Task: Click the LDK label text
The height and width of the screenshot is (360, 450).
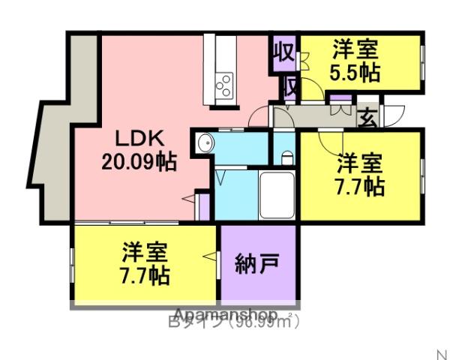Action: [139, 139]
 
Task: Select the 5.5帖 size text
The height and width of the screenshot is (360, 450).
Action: [355, 73]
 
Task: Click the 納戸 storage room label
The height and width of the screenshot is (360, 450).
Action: [257, 264]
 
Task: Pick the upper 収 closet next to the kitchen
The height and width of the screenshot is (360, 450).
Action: [282, 54]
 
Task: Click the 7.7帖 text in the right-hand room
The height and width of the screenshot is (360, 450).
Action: [360, 185]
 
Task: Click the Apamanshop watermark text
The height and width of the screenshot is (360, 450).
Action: [226, 314]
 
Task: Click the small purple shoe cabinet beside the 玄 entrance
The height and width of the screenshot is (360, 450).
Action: [340, 99]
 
